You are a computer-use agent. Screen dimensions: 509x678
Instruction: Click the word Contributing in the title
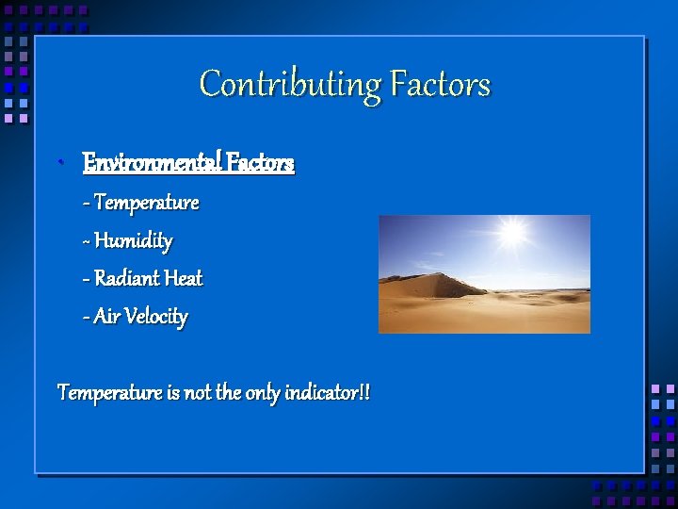click(289, 85)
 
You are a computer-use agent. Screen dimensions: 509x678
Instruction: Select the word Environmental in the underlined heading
click(151, 163)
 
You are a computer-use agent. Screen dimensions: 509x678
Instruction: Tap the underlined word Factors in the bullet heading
click(259, 163)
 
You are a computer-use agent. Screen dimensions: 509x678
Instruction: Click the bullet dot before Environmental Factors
click(59, 164)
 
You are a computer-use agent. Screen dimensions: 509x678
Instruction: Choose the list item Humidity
click(134, 241)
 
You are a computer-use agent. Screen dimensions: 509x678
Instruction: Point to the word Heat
click(184, 279)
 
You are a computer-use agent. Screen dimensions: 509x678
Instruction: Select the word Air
click(106, 317)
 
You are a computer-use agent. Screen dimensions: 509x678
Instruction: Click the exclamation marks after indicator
click(363, 392)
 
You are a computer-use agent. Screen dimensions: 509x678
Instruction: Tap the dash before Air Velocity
click(87, 318)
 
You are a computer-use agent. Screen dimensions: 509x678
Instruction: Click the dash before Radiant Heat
click(87, 280)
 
